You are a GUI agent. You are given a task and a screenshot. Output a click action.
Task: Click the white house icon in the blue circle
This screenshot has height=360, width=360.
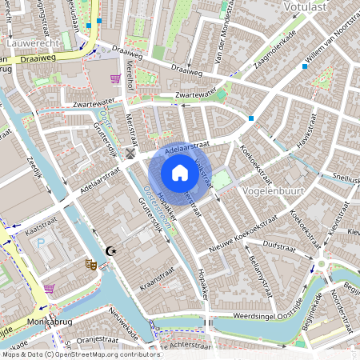tap(180, 173)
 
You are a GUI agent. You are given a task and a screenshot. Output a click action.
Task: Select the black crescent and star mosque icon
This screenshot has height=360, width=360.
tap(111, 251)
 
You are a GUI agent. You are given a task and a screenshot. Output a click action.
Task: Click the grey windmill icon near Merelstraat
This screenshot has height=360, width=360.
tap(130, 153)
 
